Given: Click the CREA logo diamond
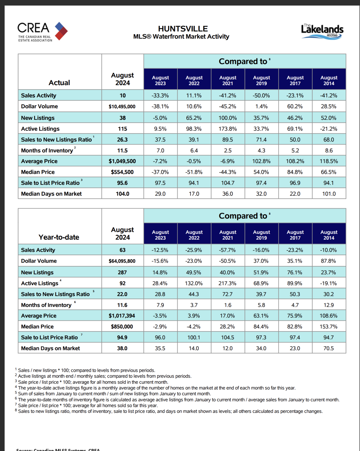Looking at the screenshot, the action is (61, 31).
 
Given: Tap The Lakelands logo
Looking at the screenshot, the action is (322, 31).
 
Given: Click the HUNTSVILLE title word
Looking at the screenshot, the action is (183, 29).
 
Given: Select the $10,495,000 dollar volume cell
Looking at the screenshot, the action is (122, 107).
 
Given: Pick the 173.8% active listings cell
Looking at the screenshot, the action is (228, 129).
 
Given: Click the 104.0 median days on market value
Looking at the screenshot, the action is (122, 194).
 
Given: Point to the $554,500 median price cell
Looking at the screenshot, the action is (122, 172).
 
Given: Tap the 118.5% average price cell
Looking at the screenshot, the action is (329, 161).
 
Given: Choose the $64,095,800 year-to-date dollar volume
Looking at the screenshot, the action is (122, 261).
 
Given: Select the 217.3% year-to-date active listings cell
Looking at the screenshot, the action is (227, 283).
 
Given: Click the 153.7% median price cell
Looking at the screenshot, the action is (329, 327).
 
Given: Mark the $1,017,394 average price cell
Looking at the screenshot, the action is (122, 316).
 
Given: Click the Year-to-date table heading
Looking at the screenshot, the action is (59, 237).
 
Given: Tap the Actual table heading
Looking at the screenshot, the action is (59, 83).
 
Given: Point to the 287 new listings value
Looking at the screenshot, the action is (122, 272).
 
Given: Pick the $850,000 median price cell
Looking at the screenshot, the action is (122, 327).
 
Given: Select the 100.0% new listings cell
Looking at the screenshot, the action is (228, 118).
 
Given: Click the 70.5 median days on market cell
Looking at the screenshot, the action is (329, 348).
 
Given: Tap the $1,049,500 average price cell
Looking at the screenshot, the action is (122, 161).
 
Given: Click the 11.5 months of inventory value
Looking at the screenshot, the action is (122, 150).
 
